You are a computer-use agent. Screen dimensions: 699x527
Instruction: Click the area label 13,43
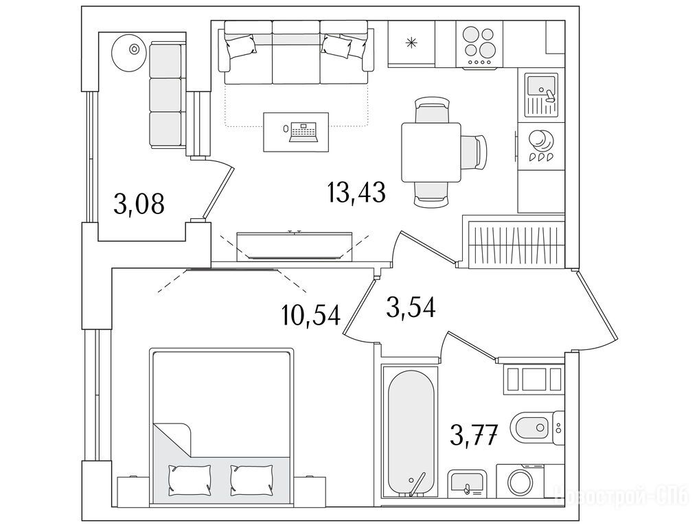[x=356, y=192]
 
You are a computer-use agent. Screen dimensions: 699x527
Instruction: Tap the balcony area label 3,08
[x=139, y=203]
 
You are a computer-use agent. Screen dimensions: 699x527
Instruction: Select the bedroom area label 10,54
[x=311, y=314]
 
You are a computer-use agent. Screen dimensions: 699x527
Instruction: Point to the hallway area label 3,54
[x=411, y=307]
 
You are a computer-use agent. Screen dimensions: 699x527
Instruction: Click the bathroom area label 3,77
[x=473, y=434]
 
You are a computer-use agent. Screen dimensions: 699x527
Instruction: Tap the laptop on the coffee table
[x=304, y=132]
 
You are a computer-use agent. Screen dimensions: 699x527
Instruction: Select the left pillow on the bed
[x=190, y=480]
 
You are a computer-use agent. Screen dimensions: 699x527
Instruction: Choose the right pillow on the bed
[x=252, y=480]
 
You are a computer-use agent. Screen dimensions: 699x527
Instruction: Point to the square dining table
[x=431, y=152]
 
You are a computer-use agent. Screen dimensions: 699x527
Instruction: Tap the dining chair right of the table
[x=474, y=152]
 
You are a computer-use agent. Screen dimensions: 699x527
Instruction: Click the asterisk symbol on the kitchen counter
[x=411, y=43]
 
